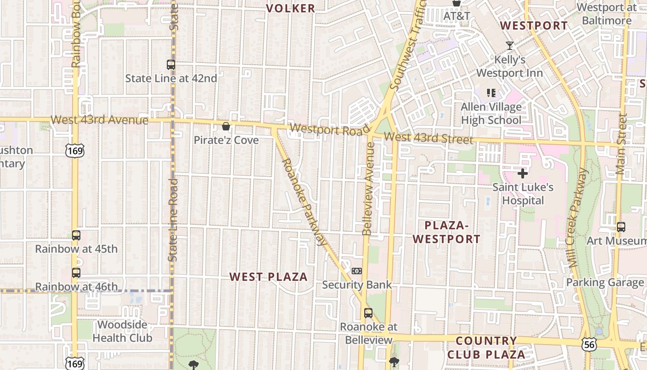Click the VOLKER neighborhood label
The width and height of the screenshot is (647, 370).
[291, 8]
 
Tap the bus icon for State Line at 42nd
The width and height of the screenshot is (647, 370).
[171, 65]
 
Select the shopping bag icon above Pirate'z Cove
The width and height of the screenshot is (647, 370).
[226, 126]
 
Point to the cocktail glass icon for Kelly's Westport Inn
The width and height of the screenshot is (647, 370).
[510, 46]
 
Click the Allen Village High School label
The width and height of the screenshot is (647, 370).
[491, 113]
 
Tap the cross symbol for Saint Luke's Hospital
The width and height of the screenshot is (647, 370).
[523, 173]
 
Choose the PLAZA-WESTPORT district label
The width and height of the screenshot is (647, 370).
[446, 232]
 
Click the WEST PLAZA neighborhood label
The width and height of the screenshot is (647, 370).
[269, 277]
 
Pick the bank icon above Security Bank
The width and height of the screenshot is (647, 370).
[357, 271]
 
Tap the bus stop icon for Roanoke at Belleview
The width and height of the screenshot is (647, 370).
[368, 313]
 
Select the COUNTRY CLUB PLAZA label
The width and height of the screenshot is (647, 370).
[486, 348]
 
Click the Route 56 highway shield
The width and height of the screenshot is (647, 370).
[589, 344]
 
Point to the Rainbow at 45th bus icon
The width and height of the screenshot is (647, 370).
[76, 235]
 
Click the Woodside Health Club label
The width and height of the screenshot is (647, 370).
[122, 331]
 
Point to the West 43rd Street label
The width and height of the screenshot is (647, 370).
[428, 138]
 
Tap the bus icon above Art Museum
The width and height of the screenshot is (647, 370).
[621, 227]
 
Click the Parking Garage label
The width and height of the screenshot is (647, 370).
[604, 283]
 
